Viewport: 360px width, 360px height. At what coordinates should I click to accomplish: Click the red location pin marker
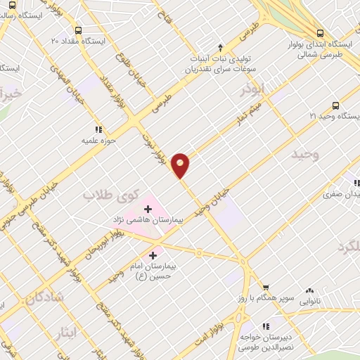pyautogui.click(x=181, y=165)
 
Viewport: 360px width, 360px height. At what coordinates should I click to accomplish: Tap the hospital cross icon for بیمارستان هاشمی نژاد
pyautogui.click(x=148, y=207)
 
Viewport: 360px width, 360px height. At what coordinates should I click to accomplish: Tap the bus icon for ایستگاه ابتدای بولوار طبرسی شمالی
pyautogui.click(x=320, y=32)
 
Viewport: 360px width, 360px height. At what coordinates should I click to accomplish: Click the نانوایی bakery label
pyautogui.click(x=314, y=300)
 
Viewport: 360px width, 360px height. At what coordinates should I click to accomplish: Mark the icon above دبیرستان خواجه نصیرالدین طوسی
pyautogui.click(x=266, y=326)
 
